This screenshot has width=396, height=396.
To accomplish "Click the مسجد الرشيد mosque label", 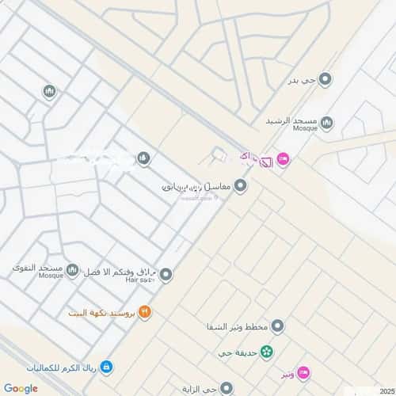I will [293, 120].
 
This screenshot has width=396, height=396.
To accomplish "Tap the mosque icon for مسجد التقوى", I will [73, 272].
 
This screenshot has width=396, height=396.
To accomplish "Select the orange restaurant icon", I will [144, 312].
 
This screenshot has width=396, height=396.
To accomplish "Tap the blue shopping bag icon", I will [106, 367].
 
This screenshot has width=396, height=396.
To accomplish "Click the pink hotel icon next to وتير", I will [306, 372].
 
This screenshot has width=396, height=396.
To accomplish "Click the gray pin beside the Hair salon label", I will [166, 275].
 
